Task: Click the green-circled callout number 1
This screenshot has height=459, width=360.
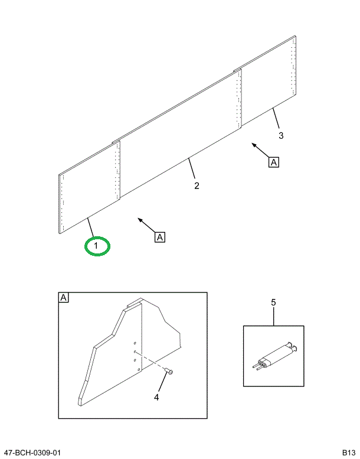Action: coord(96,246)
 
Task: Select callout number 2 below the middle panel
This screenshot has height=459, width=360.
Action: coord(197,185)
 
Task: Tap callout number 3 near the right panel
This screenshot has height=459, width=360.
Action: coord(281,135)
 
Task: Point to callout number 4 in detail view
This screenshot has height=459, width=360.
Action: coord(156,397)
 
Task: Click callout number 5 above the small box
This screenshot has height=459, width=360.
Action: coord(273,302)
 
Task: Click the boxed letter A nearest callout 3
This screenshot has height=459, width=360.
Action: coord(274,162)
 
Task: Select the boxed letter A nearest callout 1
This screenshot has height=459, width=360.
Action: coord(160,237)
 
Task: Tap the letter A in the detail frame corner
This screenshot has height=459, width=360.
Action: coord(64,298)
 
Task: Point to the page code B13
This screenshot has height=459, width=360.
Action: coord(349,453)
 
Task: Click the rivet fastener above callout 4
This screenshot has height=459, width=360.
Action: coord(169,372)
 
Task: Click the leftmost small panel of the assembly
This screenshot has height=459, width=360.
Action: coord(90,187)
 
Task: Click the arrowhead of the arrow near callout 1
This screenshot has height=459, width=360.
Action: coord(140,220)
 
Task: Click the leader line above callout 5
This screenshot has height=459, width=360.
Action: coord(274,317)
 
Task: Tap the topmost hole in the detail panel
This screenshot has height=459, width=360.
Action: coord(135,343)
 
